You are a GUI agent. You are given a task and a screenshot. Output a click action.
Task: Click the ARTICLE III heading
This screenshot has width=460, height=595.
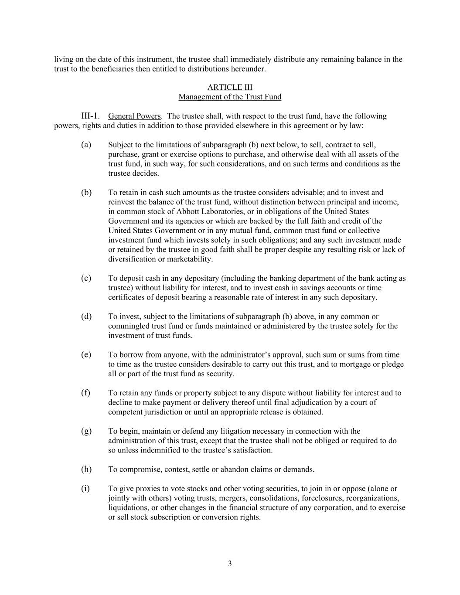point(230,87)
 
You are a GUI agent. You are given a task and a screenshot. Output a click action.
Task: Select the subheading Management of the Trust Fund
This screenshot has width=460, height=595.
point(230,97)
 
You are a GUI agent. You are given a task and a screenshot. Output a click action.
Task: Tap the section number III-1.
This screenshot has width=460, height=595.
point(90,116)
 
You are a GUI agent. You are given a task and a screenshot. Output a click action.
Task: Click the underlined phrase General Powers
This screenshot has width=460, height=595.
point(134,116)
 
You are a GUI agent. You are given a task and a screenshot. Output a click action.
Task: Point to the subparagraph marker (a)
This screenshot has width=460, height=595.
point(86,145)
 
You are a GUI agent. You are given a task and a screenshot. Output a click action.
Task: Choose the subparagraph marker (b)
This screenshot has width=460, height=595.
point(86,192)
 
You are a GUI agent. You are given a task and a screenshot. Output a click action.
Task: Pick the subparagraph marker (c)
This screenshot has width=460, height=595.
point(86,278)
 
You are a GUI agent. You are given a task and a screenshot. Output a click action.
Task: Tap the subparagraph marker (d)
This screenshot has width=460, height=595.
point(86,316)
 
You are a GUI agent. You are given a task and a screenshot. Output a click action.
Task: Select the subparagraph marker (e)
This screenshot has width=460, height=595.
point(86,355)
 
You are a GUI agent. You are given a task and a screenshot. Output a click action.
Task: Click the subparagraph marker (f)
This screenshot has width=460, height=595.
point(85,393)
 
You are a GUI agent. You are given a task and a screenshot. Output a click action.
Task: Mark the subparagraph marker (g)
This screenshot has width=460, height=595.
point(86,431)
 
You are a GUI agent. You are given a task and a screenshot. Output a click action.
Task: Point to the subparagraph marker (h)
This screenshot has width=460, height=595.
point(86,469)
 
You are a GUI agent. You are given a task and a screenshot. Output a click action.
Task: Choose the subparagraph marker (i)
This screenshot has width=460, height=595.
point(85,489)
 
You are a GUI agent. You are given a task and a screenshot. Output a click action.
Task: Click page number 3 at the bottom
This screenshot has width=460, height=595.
point(230,564)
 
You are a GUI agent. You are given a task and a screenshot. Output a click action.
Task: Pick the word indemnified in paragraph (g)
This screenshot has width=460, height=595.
point(148,450)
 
